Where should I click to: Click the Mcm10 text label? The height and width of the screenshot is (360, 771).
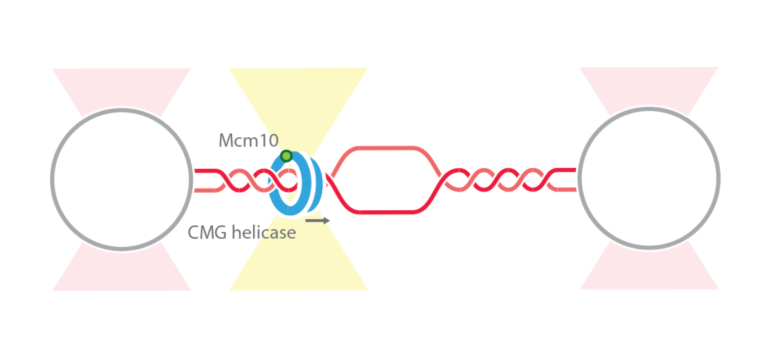tap(248, 140)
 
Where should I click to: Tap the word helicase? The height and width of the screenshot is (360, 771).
tap(263, 232)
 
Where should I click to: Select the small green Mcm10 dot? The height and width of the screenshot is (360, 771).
tap(287, 155)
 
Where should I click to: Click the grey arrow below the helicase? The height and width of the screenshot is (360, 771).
tap(317, 220)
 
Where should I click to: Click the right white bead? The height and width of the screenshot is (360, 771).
tap(649, 178)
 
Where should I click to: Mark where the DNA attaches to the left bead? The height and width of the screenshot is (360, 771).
tap(195, 180)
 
